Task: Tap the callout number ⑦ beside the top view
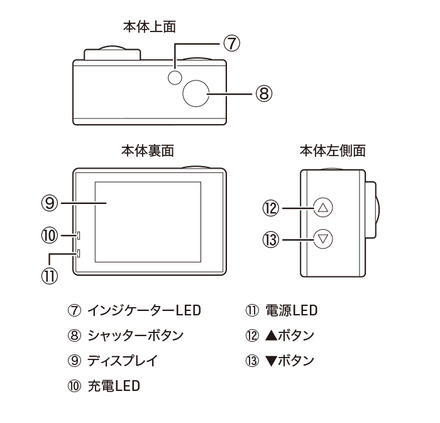[232, 43]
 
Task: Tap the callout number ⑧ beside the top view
[263, 94]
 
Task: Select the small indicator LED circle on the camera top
[175, 77]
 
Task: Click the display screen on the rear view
[148, 222]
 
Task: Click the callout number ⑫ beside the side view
[271, 206]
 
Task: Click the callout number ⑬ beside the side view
[271, 240]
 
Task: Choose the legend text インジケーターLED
[144, 310]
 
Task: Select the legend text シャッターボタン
[135, 336]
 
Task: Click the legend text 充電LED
[114, 386]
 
